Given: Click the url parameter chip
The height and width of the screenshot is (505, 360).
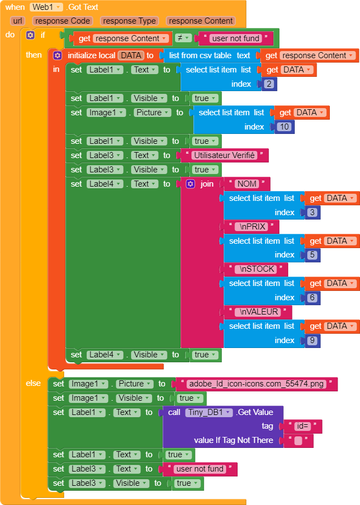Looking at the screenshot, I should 18,21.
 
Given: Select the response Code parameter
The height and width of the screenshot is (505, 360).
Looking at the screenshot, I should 62,21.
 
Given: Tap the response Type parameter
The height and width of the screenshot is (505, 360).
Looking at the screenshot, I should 130,21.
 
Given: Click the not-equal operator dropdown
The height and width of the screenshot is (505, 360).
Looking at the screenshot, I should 183,38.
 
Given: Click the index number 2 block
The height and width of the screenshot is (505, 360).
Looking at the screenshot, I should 269,84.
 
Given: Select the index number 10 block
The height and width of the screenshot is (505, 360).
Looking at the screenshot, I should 284,127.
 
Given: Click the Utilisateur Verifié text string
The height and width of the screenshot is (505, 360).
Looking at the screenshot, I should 224,155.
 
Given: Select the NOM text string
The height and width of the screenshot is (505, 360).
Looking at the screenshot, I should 247,184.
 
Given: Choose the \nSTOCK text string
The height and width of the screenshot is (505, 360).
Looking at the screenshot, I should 256,269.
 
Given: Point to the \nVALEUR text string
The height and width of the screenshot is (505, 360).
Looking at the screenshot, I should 258,312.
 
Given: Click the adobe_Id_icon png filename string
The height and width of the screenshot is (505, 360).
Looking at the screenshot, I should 256,384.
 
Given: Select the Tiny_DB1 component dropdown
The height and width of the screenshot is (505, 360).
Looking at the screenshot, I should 209,412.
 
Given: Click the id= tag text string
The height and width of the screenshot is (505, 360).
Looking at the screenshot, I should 301,427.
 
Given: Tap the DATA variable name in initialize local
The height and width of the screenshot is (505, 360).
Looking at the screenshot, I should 131,55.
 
